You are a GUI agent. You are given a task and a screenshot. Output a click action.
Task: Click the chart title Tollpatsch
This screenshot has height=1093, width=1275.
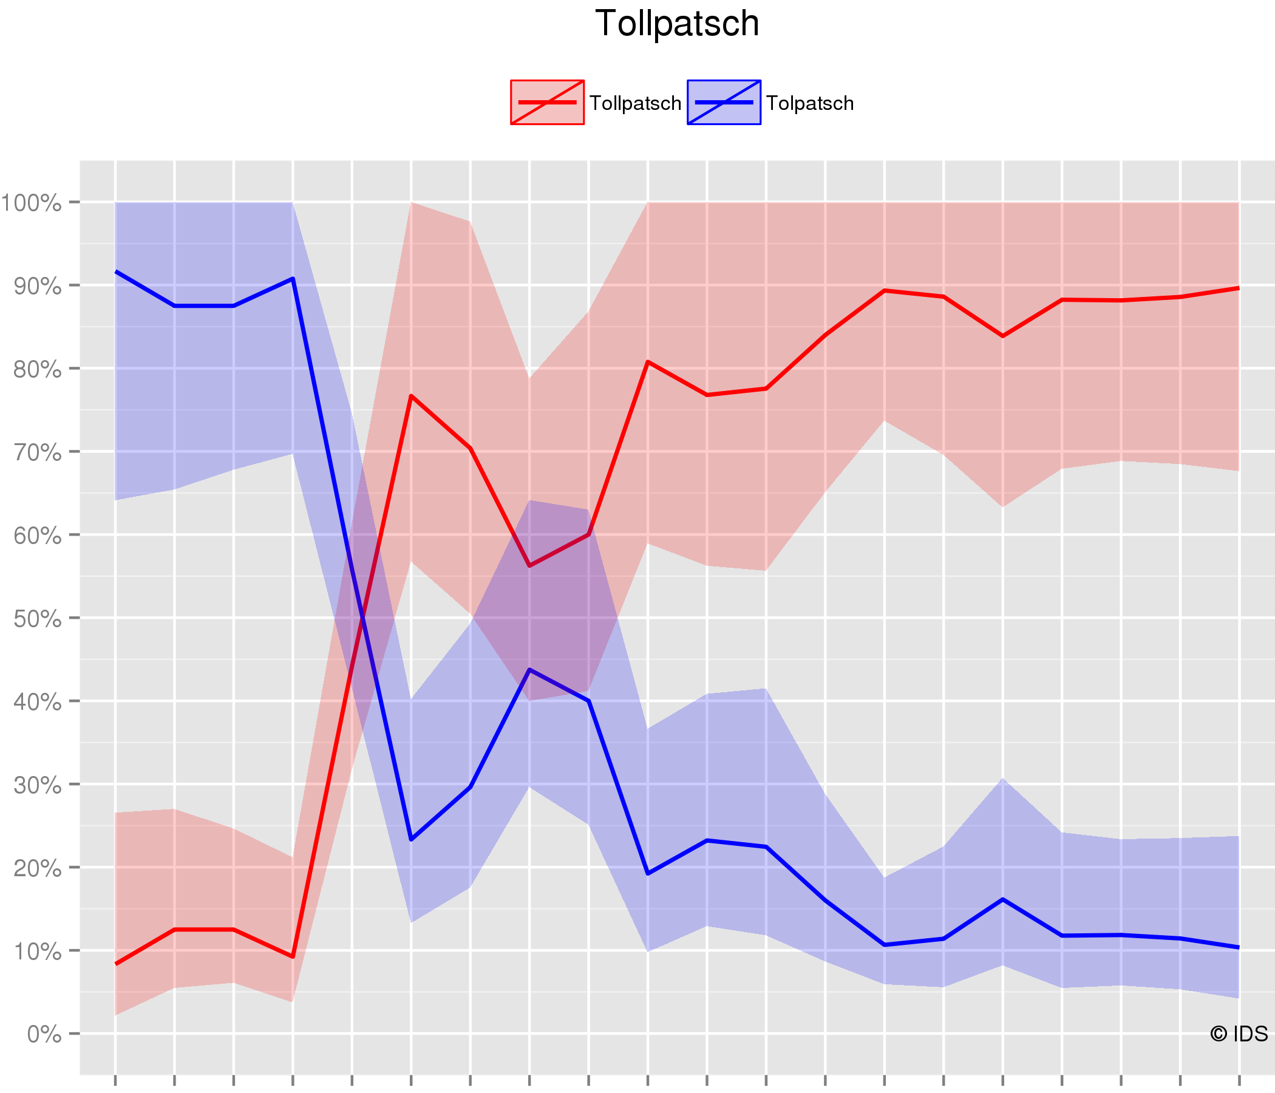pos(677,24)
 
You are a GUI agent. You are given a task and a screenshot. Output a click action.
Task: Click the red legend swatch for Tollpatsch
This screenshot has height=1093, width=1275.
pos(547,102)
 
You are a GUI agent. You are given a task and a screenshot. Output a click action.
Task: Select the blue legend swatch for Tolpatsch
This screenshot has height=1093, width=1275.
pos(724,102)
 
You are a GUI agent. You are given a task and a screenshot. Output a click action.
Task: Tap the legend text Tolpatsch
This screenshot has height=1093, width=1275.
pos(810,103)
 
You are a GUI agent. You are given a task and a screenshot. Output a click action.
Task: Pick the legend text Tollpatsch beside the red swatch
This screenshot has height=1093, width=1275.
pos(635,103)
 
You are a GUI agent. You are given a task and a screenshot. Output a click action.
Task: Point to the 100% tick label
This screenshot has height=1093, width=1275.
pos(32,202)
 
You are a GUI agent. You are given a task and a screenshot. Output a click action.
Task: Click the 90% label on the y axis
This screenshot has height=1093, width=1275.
pos(37,286)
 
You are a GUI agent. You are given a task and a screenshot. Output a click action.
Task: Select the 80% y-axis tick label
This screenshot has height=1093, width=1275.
pos(37,369)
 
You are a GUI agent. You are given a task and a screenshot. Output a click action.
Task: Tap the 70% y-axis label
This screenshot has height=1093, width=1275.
pos(37,452)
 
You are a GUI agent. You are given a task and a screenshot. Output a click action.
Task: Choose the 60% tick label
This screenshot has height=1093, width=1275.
pos(37,536)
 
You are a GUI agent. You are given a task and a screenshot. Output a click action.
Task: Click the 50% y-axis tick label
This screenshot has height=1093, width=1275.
pos(37,619)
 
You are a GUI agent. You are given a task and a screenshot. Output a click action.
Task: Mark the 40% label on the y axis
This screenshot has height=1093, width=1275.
pos(37,701)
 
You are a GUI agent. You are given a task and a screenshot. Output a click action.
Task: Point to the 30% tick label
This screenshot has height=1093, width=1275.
pos(37,785)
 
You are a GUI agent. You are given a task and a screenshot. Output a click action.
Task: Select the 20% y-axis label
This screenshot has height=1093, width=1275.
pos(37,868)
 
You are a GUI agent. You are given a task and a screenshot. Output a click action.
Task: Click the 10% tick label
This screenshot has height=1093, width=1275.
pos(37,952)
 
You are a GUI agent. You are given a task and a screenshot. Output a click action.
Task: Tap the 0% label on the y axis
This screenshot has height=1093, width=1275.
pos(44,1035)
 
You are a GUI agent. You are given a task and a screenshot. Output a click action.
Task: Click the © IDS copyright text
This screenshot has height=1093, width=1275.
pos(1239,1034)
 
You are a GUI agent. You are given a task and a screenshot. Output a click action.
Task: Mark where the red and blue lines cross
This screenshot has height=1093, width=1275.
pos(363,618)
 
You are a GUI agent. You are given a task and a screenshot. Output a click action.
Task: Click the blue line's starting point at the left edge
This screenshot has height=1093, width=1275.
pos(116,271)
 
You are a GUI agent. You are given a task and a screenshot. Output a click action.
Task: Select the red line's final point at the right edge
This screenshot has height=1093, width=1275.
pos(1239,288)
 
